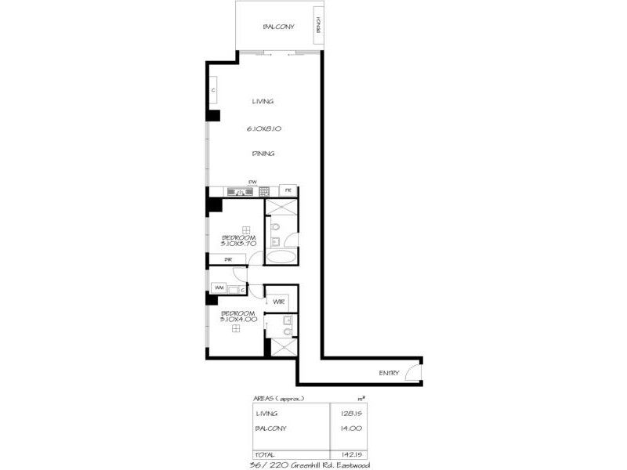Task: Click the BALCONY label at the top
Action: click(x=278, y=27)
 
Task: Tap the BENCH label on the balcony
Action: click(x=318, y=26)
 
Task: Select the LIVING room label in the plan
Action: click(x=263, y=101)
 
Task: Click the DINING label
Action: click(x=263, y=154)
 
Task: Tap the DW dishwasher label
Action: click(x=252, y=183)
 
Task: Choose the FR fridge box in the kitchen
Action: click(x=288, y=191)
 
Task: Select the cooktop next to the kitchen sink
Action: click(x=264, y=191)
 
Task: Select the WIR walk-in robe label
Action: click(x=278, y=302)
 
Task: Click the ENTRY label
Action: click(x=389, y=373)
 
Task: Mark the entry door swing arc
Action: click(x=413, y=371)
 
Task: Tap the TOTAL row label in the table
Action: click(x=266, y=454)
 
